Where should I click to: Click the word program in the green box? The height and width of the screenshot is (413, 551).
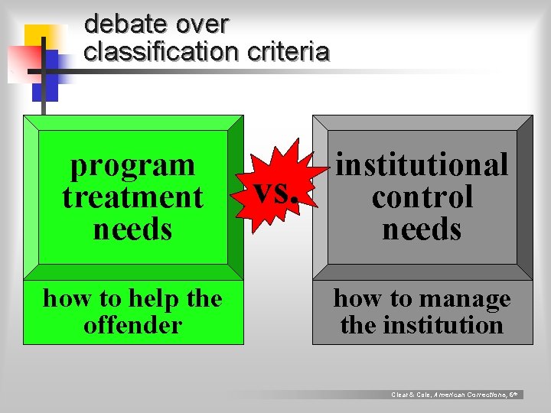pyautogui.click(x=132, y=164)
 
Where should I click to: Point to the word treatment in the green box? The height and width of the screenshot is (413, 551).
pyautogui.click(x=132, y=197)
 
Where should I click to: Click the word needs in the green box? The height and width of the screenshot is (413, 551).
pyautogui.click(x=132, y=229)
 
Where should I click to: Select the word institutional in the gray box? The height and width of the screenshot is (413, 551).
pyautogui.click(x=422, y=164)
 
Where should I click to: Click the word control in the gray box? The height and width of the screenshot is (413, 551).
pyautogui.click(x=422, y=197)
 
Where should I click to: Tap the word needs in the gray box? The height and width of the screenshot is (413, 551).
pyautogui.click(x=422, y=229)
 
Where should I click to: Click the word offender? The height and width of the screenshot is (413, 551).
pyautogui.click(x=132, y=325)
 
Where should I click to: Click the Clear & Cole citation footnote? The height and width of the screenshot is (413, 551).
pyautogui.click(x=456, y=395)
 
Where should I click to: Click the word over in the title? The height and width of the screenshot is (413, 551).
pyautogui.click(x=202, y=24)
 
